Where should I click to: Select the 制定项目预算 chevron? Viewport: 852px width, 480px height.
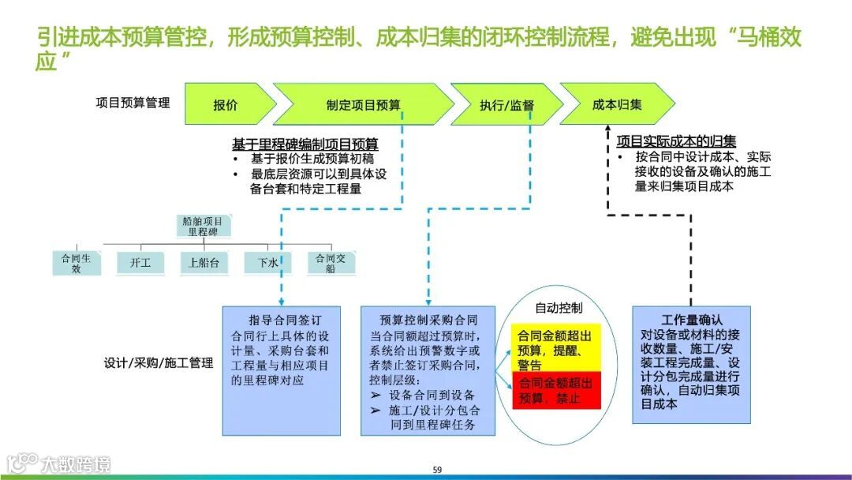point(363,105)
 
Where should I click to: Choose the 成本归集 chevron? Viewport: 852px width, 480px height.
point(617,104)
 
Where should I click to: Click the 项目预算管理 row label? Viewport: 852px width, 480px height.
point(133,103)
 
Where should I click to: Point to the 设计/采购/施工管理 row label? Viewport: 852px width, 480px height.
point(159,363)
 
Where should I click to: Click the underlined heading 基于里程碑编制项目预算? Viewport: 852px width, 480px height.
point(305,144)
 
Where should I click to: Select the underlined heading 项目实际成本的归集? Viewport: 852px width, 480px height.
point(676,141)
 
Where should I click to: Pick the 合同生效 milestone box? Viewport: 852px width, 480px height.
point(77,263)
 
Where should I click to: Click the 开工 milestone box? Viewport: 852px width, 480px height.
point(140,263)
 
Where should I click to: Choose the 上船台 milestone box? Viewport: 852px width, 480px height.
point(204,263)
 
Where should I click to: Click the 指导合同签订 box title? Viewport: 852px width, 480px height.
point(282,320)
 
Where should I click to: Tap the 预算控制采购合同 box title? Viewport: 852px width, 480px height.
point(428,320)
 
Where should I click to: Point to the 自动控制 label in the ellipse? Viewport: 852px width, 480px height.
point(559,307)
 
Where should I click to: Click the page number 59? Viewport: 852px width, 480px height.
point(437,470)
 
